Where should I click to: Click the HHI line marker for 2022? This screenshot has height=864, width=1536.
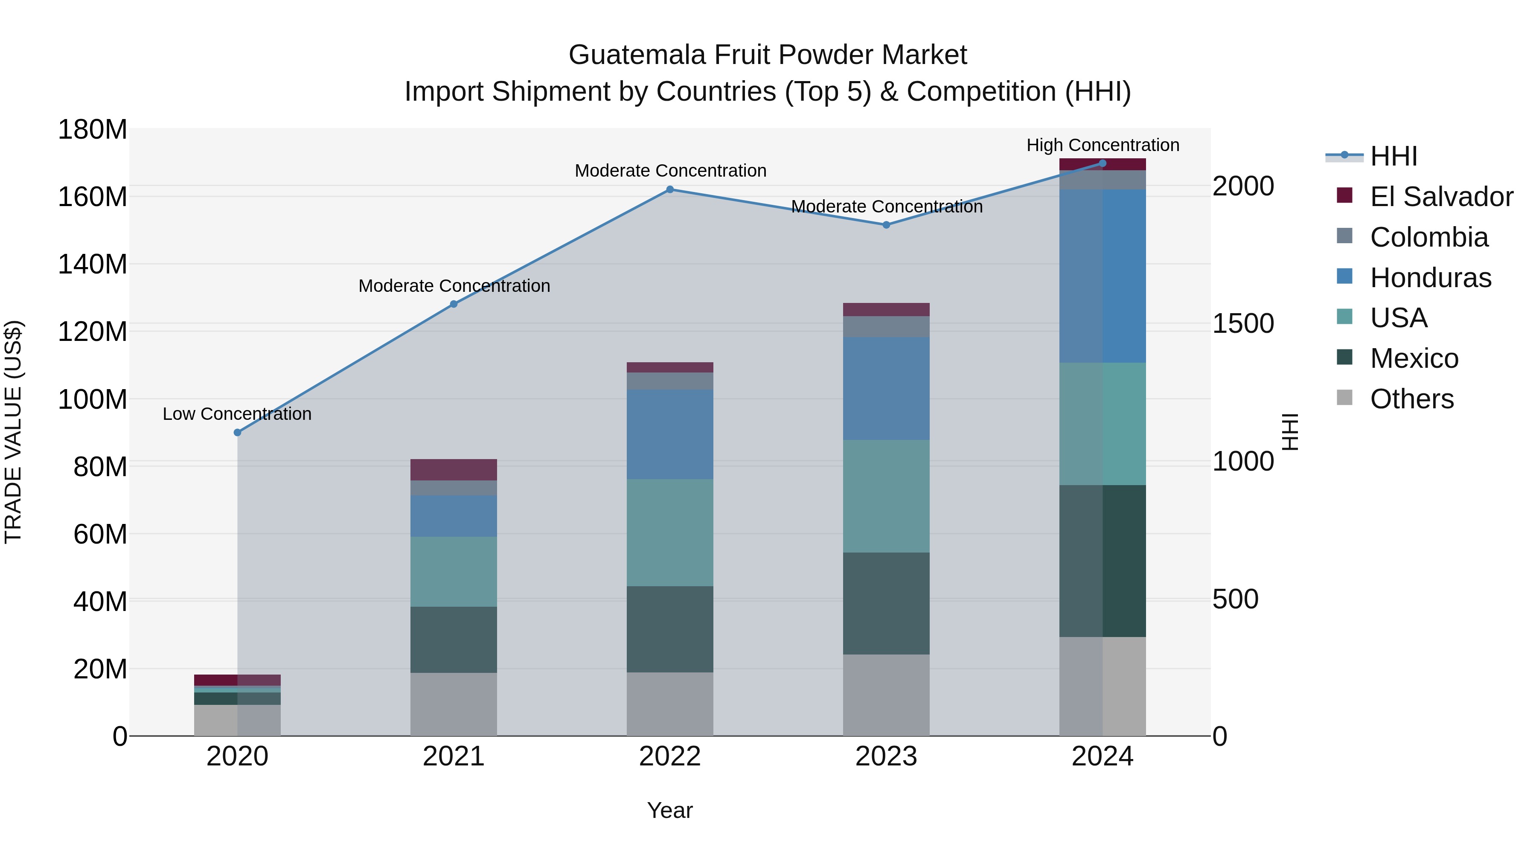point(669,189)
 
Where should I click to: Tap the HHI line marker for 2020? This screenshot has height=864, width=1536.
point(237,432)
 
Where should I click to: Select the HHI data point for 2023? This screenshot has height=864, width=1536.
point(886,225)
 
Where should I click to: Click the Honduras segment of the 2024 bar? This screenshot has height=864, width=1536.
point(1103,276)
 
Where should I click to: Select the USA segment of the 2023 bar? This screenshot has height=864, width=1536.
point(886,496)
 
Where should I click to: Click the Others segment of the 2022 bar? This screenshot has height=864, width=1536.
point(669,704)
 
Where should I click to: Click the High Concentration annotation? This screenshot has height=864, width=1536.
point(1103,145)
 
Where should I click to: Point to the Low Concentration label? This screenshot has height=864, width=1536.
point(237,414)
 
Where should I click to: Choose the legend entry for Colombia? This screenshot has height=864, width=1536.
point(1428,237)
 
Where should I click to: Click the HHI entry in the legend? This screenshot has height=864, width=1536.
point(1393,156)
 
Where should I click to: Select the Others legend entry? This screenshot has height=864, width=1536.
point(1411,399)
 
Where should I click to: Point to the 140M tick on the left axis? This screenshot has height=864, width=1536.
point(93,264)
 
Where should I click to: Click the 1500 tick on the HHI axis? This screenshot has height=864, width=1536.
point(1243,324)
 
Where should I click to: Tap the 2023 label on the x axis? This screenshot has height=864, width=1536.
point(886,756)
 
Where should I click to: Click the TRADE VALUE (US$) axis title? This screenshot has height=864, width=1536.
point(13,432)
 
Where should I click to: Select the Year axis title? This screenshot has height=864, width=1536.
point(669,810)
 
